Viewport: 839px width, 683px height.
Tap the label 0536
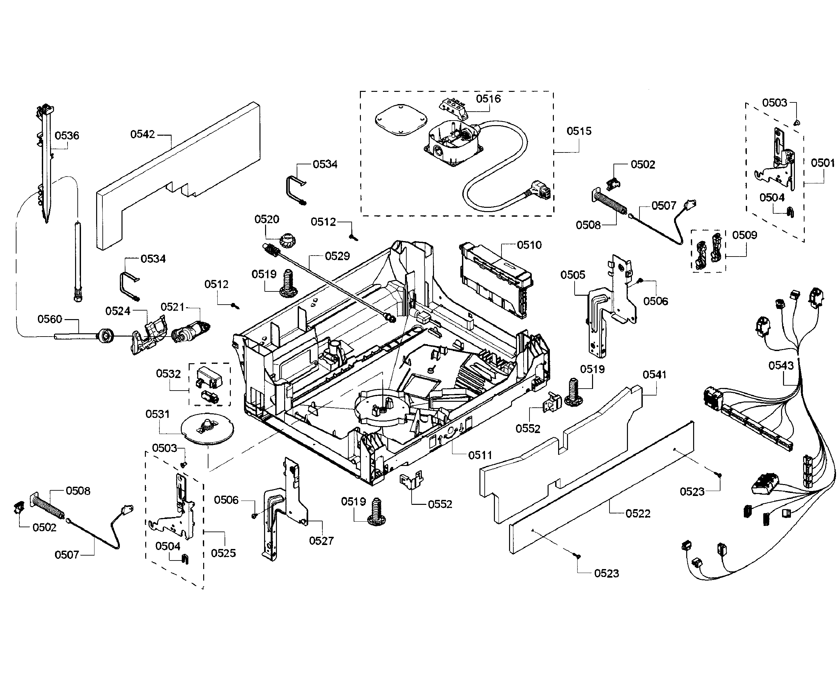(x=67, y=136)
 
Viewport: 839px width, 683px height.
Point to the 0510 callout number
(x=529, y=245)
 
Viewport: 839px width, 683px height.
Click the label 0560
(x=50, y=319)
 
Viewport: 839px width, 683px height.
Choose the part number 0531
(x=157, y=414)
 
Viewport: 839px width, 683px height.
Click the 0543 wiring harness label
(x=781, y=366)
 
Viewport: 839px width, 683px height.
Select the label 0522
(x=638, y=513)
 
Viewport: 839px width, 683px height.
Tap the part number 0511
(x=480, y=455)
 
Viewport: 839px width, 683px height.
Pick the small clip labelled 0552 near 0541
(x=553, y=402)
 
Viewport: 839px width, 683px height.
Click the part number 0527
(x=321, y=541)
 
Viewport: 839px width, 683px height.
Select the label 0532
(x=168, y=374)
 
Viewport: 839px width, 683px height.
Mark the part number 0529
(x=337, y=256)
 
